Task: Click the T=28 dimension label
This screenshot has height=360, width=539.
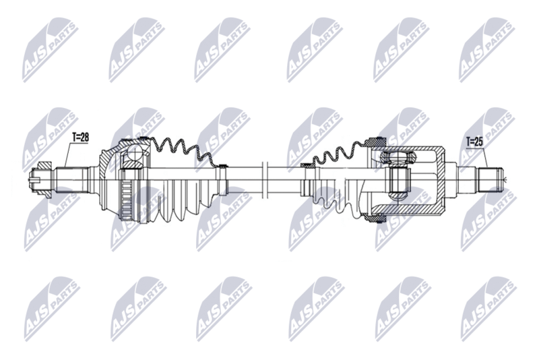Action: (x=80, y=138)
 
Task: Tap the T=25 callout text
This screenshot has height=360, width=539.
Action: (x=474, y=142)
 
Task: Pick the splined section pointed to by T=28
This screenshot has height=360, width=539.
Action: (x=71, y=179)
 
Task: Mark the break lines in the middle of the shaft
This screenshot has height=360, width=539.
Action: (x=264, y=179)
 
